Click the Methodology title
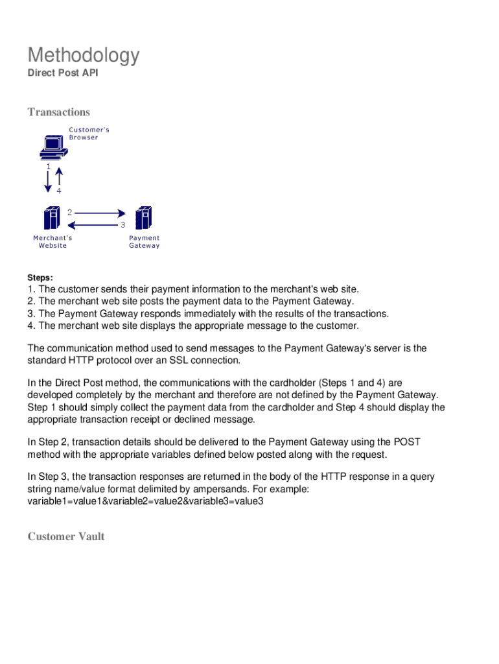click(83, 56)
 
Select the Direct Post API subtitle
click(62, 73)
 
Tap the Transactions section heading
click(58, 112)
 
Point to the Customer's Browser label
click(89, 134)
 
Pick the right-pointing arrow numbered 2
click(99, 213)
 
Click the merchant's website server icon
click(51, 218)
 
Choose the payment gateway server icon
click(143, 218)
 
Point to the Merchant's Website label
click(52, 242)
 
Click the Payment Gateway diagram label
click(144, 242)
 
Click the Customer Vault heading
click(65, 536)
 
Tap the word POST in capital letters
click(408, 442)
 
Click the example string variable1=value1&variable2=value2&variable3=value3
click(145, 501)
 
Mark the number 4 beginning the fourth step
click(30, 326)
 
